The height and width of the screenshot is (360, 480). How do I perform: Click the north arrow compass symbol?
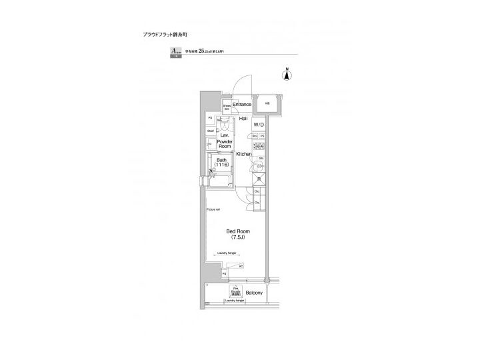[287, 74]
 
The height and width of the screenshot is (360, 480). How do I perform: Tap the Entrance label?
[242, 105]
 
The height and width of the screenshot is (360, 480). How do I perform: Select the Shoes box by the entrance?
[227, 106]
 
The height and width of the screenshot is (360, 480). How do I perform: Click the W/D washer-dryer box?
[258, 124]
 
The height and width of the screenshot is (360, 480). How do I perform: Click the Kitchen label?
[243, 154]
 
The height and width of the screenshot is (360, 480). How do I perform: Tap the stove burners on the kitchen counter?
[258, 147]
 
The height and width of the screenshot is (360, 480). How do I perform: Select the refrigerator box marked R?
[258, 179]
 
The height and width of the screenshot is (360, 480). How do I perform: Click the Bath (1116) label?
[221, 162]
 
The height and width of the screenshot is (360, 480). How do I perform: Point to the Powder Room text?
[224, 144]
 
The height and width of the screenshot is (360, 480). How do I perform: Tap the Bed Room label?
[239, 231]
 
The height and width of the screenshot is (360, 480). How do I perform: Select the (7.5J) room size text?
[239, 237]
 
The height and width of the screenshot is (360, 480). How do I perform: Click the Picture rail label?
[213, 209]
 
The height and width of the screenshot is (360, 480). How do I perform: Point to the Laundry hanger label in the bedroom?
[229, 253]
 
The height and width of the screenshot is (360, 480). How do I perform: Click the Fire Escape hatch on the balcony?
[235, 291]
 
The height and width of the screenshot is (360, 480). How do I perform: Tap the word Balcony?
[254, 293]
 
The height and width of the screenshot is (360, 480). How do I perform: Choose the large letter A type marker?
[175, 51]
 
